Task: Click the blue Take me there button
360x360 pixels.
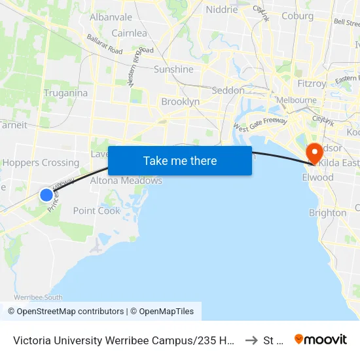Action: coord(179,160)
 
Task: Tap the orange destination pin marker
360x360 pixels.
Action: coord(314,153)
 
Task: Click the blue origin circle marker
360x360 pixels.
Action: coord(46,194)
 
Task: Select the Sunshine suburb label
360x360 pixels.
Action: coord(173,69)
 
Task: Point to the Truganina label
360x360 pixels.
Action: coord(65,93)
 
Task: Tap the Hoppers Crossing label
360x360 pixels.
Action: coord(41,163)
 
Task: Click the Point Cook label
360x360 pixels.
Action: coord(96,211)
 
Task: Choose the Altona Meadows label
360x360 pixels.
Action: coord(126,181)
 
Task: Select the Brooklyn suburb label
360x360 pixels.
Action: coord(180,102)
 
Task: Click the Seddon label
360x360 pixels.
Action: coord(228,90)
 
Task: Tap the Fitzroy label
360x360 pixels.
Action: coord(312,84)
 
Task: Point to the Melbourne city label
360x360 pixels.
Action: coord(296,100)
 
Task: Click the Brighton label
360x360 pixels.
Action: coord(327,213)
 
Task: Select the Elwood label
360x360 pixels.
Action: coord(317,177)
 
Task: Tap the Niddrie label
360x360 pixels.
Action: coord(222,10)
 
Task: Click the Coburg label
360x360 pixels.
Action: coord(297,16)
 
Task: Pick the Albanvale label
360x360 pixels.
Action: coord(111,17)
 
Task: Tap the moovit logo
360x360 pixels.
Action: coord(321,339)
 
